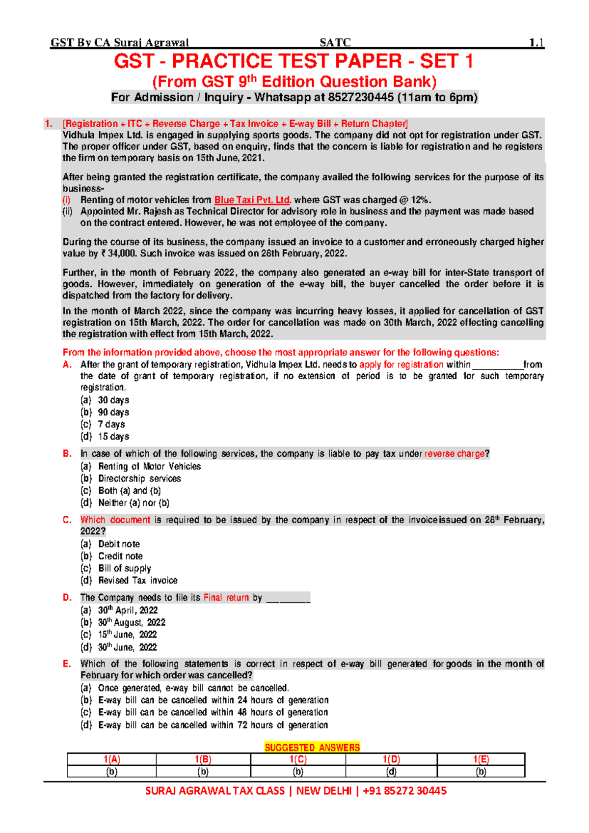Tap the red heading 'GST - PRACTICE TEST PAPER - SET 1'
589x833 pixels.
[x=294, y=61]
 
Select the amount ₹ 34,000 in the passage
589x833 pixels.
[x=118, y=253]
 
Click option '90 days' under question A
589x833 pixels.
[x=113, y=412]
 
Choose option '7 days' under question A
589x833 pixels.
[x=111, y=424]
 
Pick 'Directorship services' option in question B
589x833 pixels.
[x=139, y=478]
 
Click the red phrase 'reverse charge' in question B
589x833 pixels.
[x=454, y=454]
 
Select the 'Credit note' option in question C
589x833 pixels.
[x=120, y=556]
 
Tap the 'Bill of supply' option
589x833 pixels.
[x=125, y=568]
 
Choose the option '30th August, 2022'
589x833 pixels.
[x=132, y=622]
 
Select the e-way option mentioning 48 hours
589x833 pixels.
[x=213, y=712]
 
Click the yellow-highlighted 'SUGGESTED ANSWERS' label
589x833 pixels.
[x=312, y=748]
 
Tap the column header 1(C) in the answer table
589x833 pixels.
[x=298, y=759]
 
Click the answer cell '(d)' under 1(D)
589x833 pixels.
[x=391, y=772]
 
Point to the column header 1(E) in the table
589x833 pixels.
[x=481, y=759]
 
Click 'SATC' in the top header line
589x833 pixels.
[x=335, y=43]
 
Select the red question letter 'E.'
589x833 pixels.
[x=67, y=664]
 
